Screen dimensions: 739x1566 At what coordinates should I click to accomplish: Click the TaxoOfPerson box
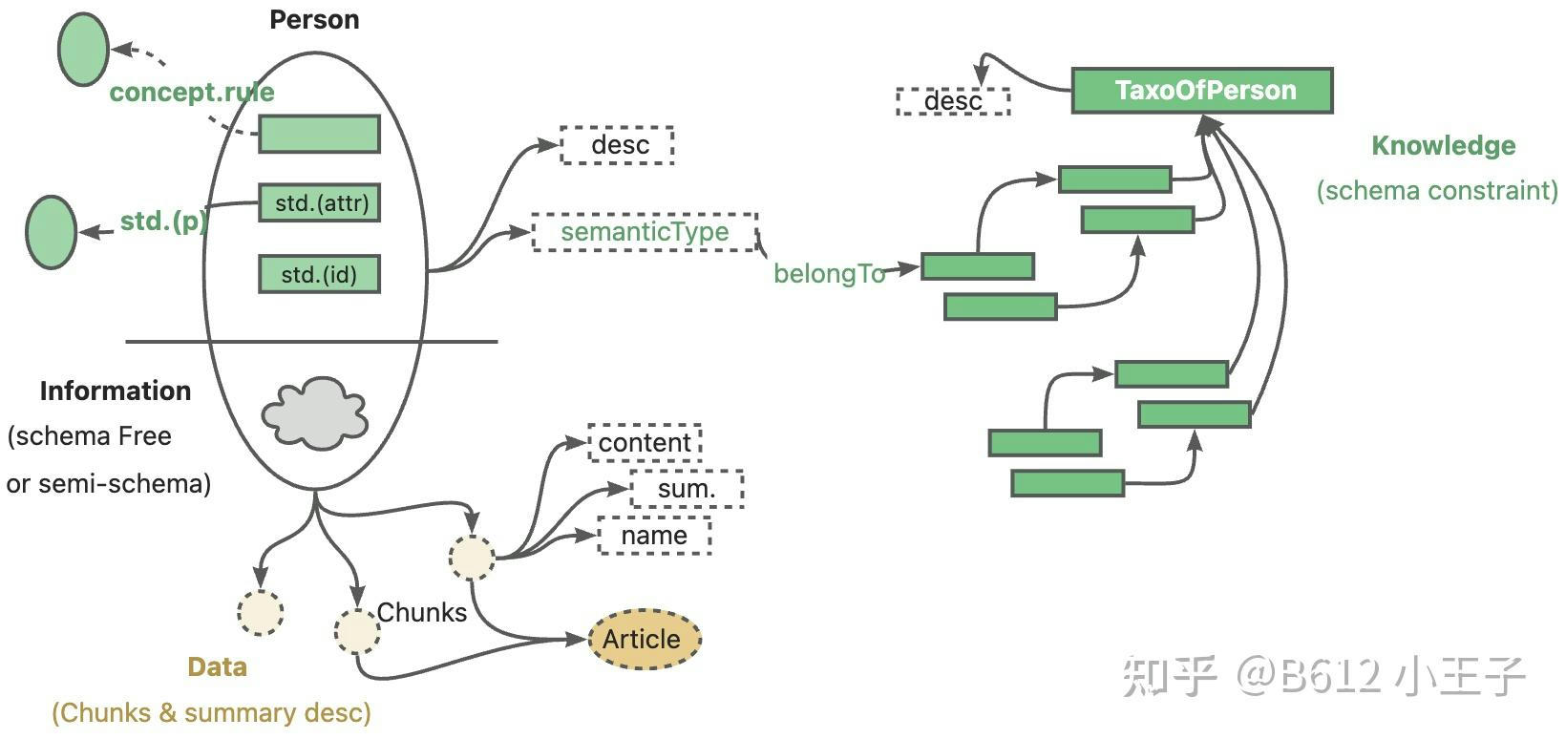[x=1201, y=91]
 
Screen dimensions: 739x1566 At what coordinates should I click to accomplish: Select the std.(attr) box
[x=320, y=202]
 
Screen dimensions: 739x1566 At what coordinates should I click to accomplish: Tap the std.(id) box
[x=319, y=274]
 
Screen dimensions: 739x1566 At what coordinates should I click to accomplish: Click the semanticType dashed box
[x=645, y=232]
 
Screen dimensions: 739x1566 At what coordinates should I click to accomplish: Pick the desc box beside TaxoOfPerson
[x=953, y=101]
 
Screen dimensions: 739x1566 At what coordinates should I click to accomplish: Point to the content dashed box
[x=645, y=443]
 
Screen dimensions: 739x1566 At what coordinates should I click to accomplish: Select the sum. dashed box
[x=686, y=489]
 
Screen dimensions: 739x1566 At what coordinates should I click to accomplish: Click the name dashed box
[x=654, y=536]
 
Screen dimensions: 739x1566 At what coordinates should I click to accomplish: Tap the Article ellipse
[x=643, y=639]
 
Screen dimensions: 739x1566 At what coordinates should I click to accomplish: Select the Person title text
[x=314, y=19]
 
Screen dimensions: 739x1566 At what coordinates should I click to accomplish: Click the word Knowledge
[x=1443, y=145]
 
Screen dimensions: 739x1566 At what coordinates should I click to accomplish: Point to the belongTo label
[x=829, y=274]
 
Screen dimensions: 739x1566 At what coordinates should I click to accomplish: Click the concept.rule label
[x=192, y=93]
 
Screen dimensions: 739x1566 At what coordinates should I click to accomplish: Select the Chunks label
[x=421, y=612]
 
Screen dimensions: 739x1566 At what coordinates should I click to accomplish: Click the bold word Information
[x=116, y=391]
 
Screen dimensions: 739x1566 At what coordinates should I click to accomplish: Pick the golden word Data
[x=217, y=667]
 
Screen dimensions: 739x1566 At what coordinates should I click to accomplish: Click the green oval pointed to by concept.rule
[x=83, y=50]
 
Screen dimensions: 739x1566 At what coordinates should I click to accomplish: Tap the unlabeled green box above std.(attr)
[x=319, y=134]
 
